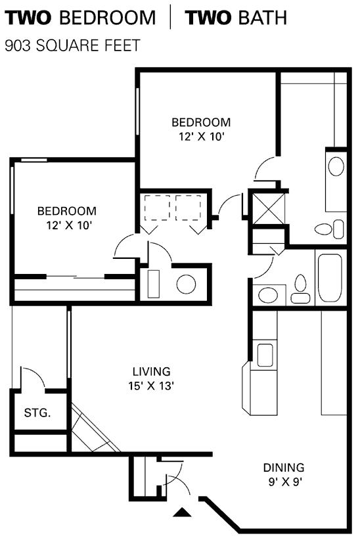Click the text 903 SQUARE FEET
(72, 45)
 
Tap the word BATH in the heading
(263, 18)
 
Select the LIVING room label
(152, 372)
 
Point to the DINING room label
(284, 467)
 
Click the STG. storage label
(37, 413)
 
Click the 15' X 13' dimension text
(151, 386)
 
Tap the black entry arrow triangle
(182, 512)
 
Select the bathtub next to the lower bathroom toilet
(330, 278)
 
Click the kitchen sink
(265, 355)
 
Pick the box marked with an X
(269, 208)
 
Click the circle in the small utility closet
(186, 284)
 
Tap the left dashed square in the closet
(157, 208)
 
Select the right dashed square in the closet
(188, 208)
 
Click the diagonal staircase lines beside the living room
(95, 428)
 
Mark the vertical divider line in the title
(170, 17)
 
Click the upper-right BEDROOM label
(201, 122)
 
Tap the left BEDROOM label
(67, 211)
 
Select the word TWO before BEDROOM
(28, 18)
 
